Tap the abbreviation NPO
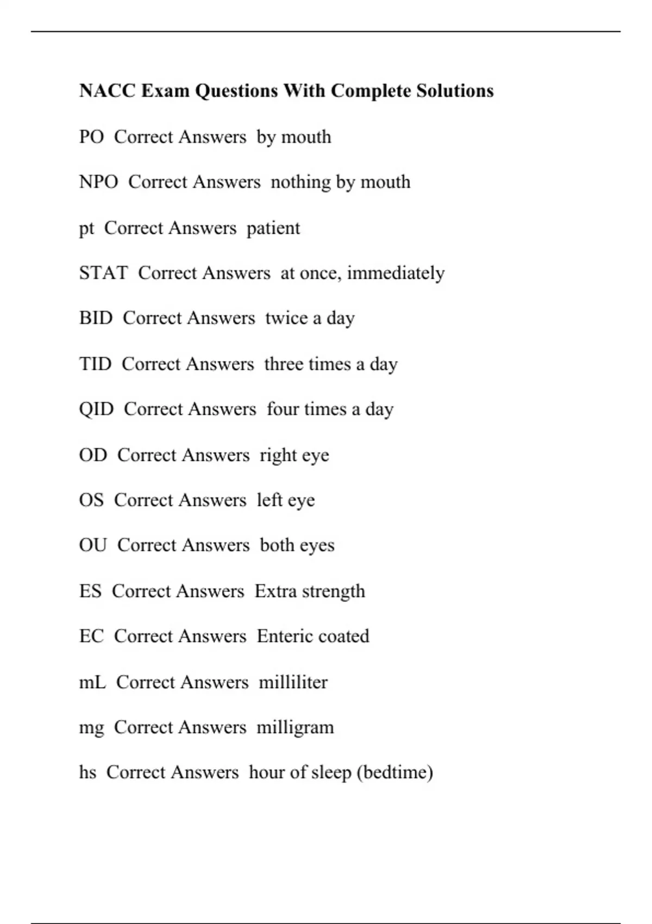coord(98,182)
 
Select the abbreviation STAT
coord(103,273)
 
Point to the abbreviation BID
coord(96,318)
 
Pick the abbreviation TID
coord(95,364)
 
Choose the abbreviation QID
coord(96,409)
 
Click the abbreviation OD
coord(93,455)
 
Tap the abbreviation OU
coord(93,545)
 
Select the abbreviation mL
coord(92,682)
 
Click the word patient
coord(273,228)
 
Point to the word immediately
coord(396,273)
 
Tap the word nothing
coord(298,182)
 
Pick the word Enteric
coord(283,636)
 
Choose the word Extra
coord(275,591)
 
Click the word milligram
coord(295,728)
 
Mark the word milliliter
coord(293,682)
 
